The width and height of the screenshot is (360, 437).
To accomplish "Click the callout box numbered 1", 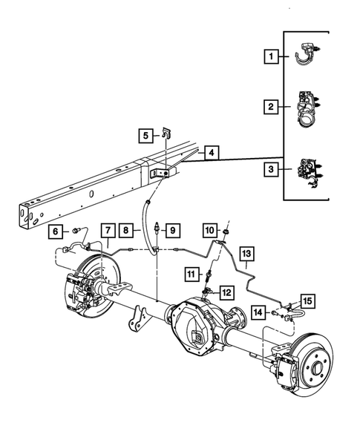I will (272, 56).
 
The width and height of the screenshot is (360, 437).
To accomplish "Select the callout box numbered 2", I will (272, 108).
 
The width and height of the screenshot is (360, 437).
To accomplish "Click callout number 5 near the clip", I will (146, 135).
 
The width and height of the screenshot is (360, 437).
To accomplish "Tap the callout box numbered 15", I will (307, 300).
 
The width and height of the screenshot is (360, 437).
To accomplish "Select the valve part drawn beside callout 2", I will (307, 108).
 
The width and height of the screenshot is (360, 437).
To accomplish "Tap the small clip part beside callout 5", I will (167, 134).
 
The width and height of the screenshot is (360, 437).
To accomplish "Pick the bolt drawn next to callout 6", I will (76, 231).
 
